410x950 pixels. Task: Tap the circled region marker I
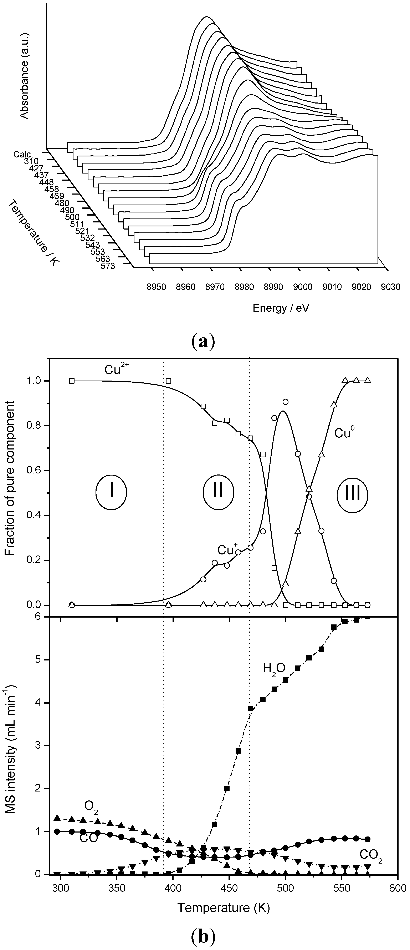tap(111, 492)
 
